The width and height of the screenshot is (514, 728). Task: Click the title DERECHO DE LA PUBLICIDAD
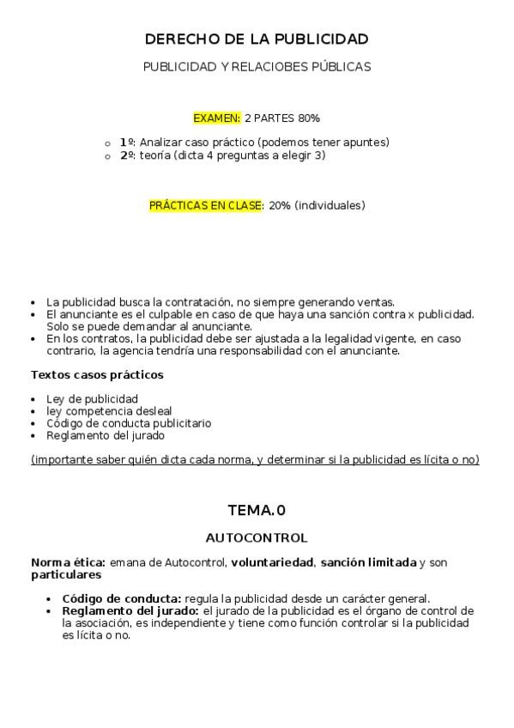tap(257, 39)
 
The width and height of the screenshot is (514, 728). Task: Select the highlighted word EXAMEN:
tap(217, 118)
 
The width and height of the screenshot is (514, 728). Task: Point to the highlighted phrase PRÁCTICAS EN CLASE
tap(205, 206)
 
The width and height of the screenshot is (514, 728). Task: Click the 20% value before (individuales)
tap(280, 206)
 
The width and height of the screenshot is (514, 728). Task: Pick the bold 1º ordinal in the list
tap(127, 142)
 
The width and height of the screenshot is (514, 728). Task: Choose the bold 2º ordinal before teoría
tap(127, 155)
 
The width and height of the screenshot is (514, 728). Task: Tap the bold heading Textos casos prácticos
tap(97, 375)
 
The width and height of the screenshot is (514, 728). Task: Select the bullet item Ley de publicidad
tap(92, 399)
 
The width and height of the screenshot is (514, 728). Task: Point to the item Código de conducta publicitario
tap(129, 423)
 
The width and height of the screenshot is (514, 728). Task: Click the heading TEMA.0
tap(257, 511)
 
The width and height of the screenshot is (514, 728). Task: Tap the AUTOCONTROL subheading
tap(257, 538)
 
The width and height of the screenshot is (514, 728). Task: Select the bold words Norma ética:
tap(68, 563)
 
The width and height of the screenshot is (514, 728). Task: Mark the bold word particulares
tap(66, 575)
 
